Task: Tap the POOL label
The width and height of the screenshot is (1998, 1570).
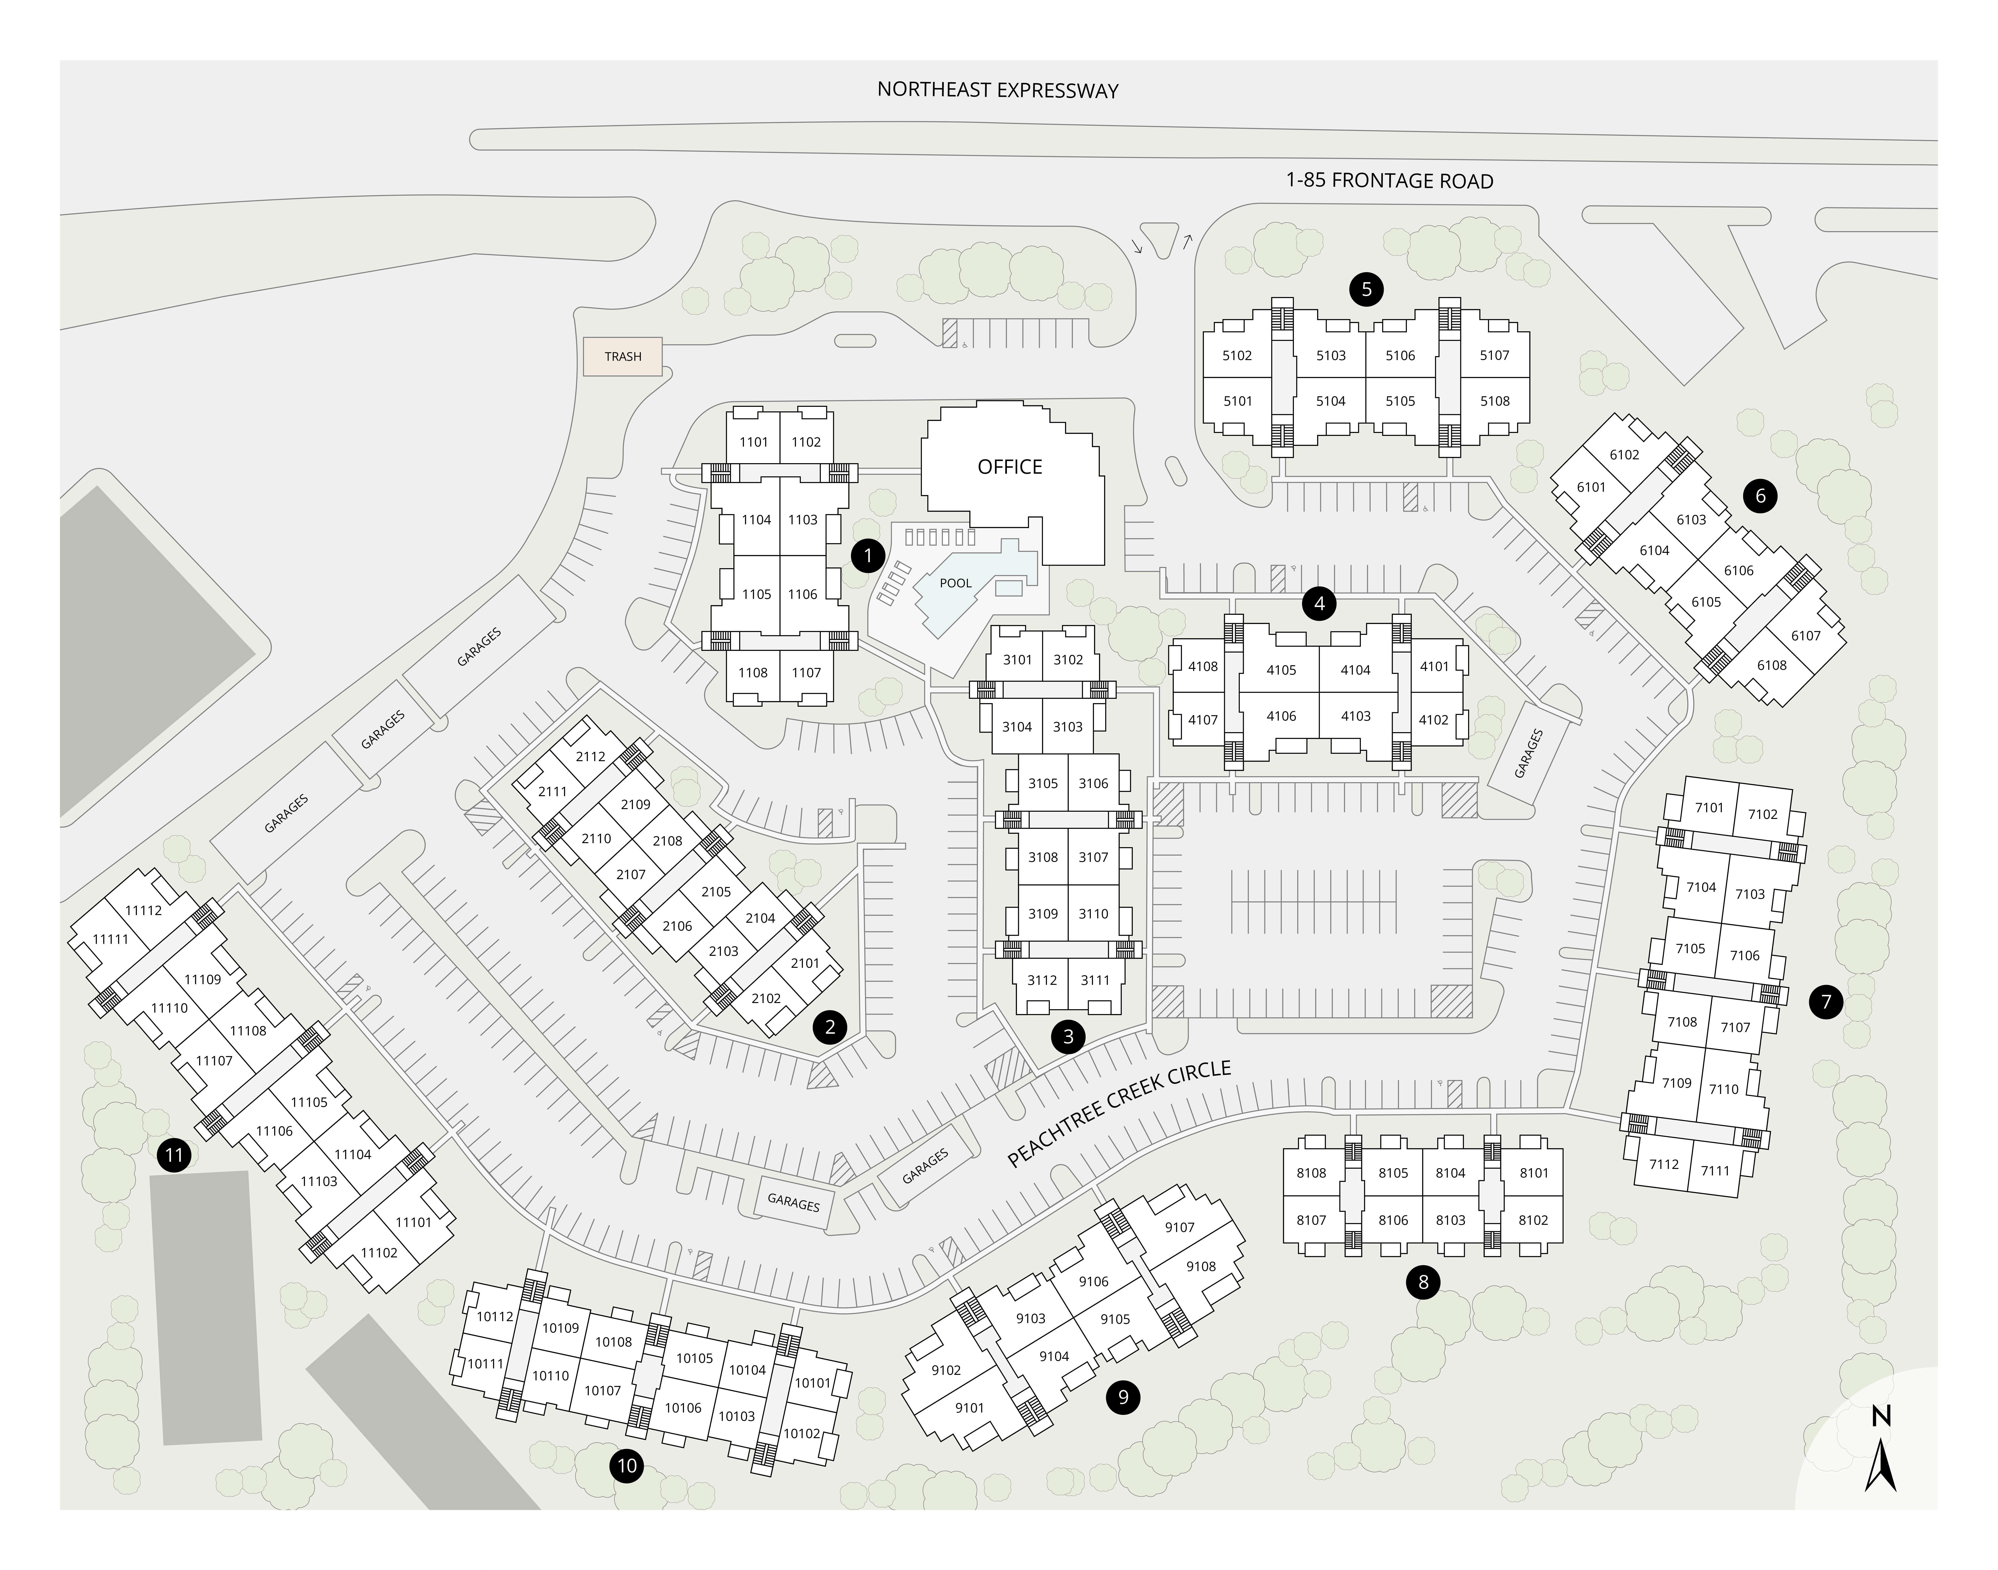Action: tap(956, 583)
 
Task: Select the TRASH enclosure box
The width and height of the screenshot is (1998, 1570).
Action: tap(623, 356)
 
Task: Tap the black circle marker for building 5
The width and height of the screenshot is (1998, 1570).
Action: tap(1367, 290)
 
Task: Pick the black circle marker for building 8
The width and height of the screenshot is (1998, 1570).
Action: tap(1423, 1281)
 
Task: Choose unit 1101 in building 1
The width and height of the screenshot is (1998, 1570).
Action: tap(754, 442)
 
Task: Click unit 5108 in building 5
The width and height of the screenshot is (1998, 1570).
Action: tap(1494, 401)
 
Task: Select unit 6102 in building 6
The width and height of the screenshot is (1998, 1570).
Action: tap(1624, 454)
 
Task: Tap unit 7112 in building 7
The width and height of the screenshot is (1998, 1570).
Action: tap(1664, 1164)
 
